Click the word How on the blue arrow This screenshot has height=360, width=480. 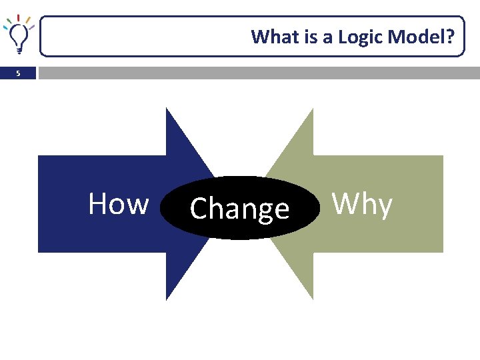[118, 203]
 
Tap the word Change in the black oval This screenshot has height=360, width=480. [239, 209]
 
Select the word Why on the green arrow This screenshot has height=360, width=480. [362, 204]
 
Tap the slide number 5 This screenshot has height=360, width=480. [19, 74]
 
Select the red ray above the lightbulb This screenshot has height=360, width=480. [18, 17]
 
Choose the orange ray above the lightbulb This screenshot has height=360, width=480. [28, 19]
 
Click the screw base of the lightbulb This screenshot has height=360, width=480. [19, 49]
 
